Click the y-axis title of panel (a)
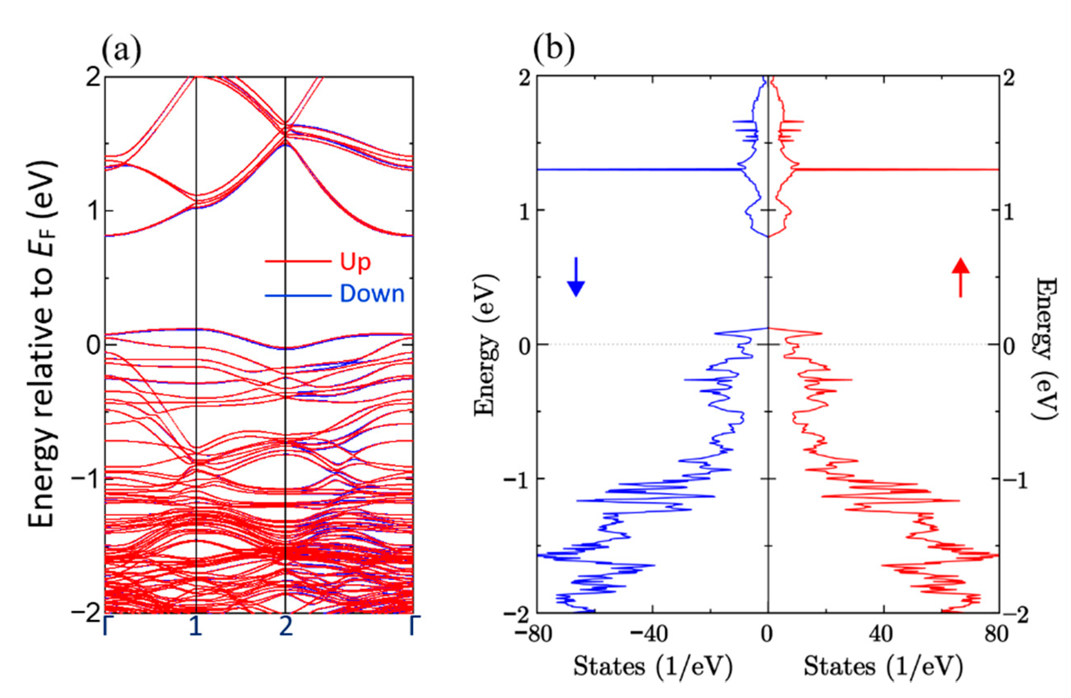43,344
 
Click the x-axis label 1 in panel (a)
195,627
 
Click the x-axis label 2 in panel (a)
285,627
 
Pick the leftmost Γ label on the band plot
106,627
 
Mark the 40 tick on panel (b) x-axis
885,635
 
